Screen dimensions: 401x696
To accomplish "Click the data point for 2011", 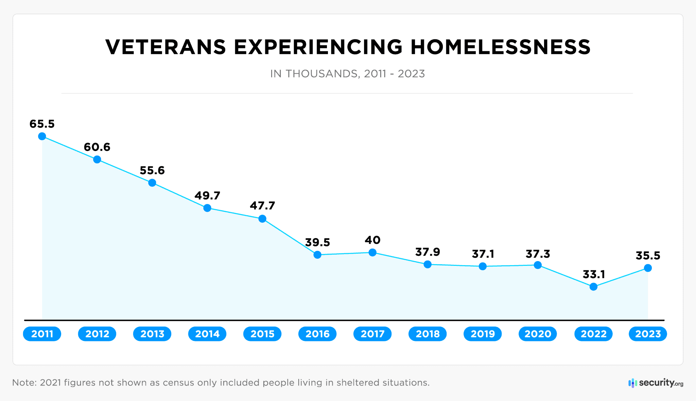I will click(42, 136).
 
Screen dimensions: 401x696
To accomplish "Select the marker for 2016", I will click(317, 255).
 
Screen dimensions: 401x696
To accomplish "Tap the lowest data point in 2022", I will click(593, 287).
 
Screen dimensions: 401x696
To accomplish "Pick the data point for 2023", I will click(648, 268).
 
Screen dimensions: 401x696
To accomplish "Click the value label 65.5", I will click(42, 124).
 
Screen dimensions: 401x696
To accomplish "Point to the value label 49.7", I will click(207, 196).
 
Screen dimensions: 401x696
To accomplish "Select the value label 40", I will click(372, 240).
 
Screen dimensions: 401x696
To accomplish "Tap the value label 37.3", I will click(538, 254).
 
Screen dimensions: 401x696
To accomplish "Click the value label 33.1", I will click(594, 274).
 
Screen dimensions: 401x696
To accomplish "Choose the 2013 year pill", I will click(152, 334).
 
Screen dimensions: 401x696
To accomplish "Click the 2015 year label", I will click(262, 334).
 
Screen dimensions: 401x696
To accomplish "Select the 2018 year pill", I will click(428, 334).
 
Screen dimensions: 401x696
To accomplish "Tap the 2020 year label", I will click(538, 334).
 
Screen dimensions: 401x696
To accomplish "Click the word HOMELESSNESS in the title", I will click(500, 47).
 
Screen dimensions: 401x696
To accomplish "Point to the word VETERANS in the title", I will click(166, 47).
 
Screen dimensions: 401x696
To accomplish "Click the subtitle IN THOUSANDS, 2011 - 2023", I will click(347, 74).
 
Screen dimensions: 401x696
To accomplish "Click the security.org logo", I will click(656, 383).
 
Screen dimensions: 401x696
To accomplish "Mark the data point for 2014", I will click(207, 208).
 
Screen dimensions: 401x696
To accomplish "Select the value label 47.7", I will click(262, 205).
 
